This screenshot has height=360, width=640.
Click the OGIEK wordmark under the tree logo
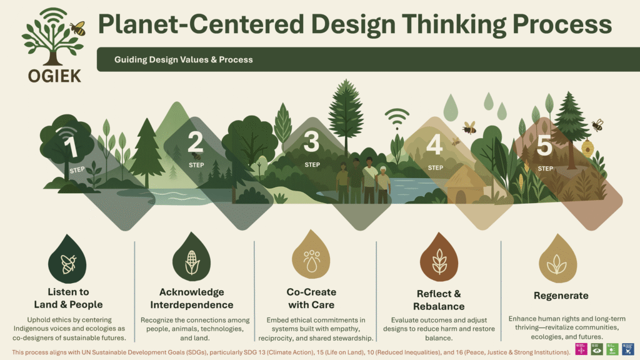point(54,76)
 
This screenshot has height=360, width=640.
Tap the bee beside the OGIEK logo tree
point(77,28)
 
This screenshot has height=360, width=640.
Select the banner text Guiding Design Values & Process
point(183,59)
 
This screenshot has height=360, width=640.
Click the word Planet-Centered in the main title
point(201,24)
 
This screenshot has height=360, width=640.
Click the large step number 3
point(311,141)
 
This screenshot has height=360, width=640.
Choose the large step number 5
point(544,145)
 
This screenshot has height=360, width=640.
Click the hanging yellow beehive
point(587,147)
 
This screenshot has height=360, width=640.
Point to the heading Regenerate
point(561,296)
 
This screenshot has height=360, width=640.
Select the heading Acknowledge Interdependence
point(191,298)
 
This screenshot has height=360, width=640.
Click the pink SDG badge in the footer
point(581,349)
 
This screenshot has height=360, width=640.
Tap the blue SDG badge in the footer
point(627,349)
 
